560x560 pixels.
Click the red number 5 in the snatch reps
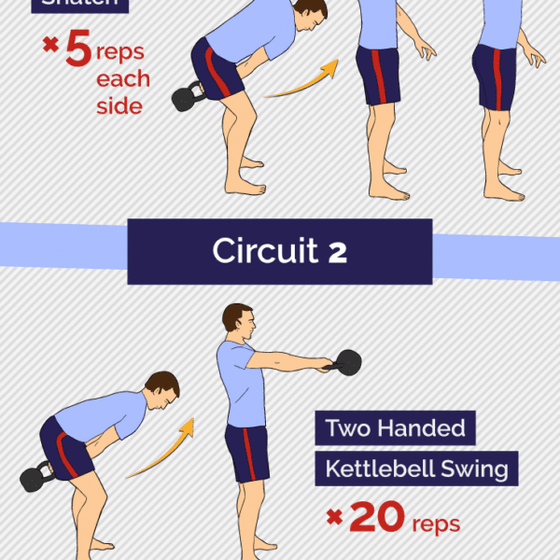click(79, 50)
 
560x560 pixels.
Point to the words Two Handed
click(395, 428)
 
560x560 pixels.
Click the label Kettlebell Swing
click(415, 469)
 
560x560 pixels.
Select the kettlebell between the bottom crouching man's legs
click(38, 477)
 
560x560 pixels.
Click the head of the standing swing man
click(239, 322)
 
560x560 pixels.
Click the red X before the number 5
click(49, 46)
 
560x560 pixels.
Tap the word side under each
click(119, 105)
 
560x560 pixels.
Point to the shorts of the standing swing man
click(246, 455)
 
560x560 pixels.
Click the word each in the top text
click(122, 77)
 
